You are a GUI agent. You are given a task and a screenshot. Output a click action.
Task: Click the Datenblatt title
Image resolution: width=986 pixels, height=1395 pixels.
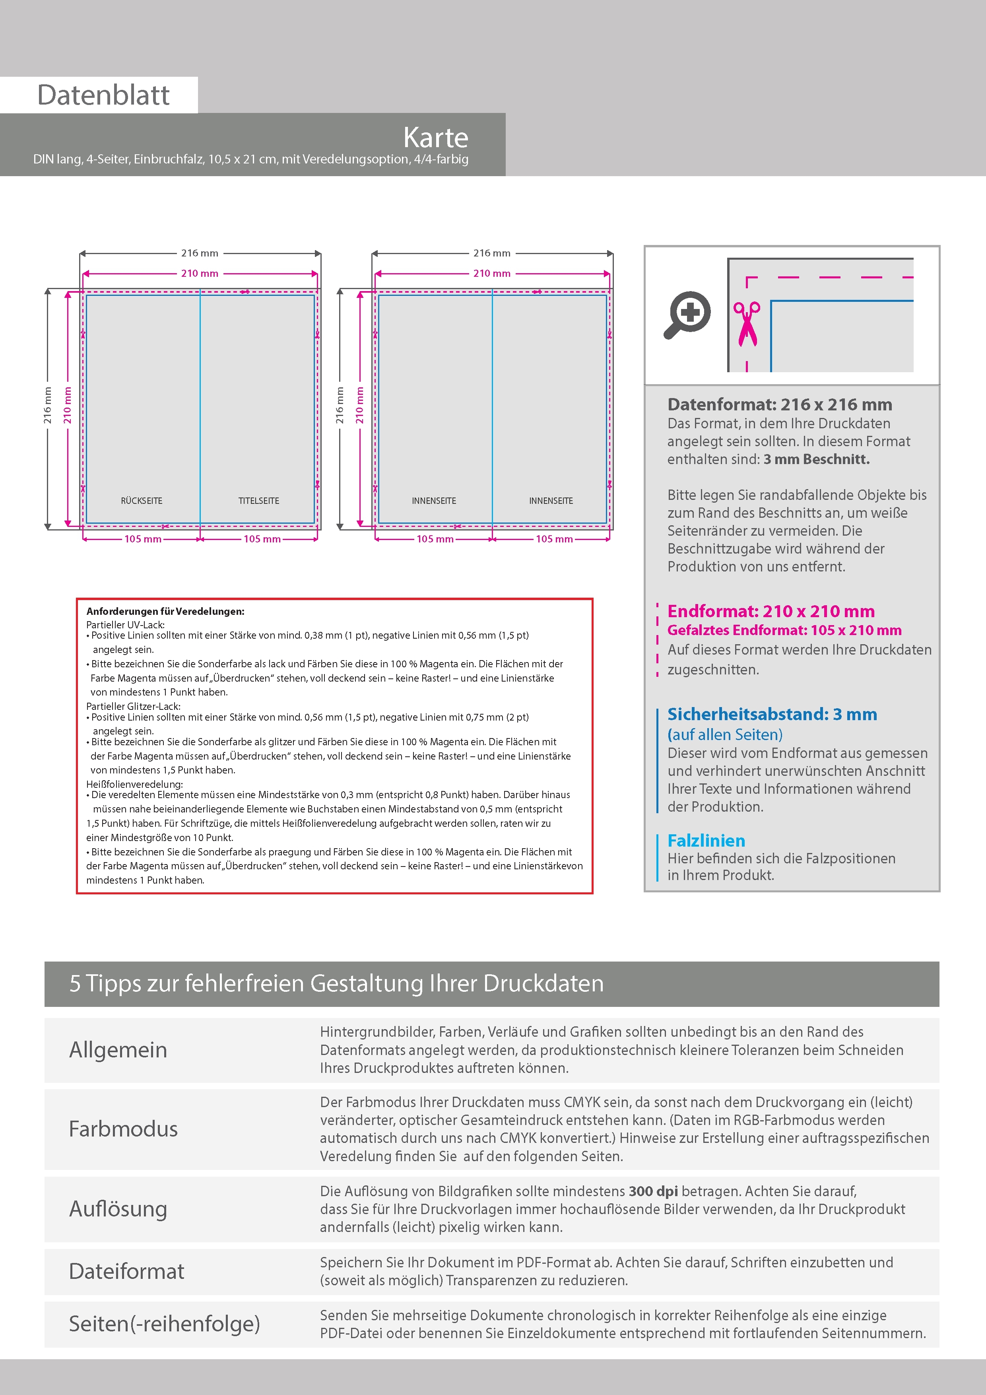103,95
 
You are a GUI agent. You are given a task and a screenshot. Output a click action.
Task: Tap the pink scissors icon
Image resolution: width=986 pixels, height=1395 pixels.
747,324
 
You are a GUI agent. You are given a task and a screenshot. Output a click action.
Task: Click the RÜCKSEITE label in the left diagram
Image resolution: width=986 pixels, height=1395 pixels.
142,501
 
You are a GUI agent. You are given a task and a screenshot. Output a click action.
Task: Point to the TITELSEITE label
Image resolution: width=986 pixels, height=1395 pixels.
259,501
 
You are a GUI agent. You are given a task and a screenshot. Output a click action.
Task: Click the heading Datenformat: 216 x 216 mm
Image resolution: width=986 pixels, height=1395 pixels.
779,405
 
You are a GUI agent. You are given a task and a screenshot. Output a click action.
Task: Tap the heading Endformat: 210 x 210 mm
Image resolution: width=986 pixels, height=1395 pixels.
771,611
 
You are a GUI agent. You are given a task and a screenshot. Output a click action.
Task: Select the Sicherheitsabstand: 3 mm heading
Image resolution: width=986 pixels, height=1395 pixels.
772,715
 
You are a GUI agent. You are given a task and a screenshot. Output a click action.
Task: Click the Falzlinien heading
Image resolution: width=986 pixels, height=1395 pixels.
706,841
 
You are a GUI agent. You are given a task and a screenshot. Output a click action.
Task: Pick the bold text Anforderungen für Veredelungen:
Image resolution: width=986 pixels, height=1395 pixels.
165,611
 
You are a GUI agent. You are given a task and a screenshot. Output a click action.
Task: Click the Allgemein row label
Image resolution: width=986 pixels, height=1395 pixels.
118,1050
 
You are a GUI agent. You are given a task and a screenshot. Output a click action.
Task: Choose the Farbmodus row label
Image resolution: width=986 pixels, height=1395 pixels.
123,1129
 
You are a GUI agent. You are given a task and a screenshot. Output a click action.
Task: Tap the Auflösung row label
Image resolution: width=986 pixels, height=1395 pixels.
118,1208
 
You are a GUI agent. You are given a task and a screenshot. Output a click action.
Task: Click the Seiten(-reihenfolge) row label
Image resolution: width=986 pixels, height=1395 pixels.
164,1323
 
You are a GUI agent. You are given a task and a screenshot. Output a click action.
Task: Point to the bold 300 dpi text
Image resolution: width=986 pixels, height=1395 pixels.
653,1191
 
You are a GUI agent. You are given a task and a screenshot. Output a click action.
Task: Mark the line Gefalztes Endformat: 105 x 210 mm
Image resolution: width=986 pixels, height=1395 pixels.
784,630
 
